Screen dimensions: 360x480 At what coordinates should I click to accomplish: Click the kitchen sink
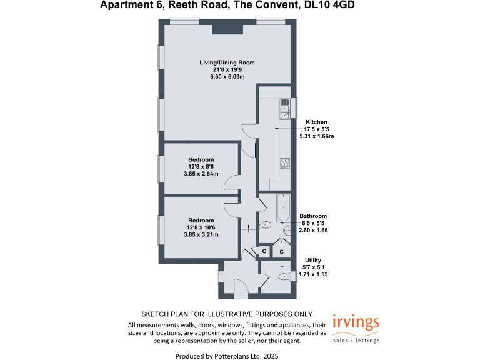[284, 108]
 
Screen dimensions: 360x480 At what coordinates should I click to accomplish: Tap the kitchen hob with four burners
[284, 163]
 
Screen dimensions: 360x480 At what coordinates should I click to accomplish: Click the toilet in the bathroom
[265, 224]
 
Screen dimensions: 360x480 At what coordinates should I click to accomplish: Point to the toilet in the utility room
[283, 276]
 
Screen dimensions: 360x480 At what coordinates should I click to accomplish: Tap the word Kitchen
[316, 122]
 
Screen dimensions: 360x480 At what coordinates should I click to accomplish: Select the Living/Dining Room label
[227, 62]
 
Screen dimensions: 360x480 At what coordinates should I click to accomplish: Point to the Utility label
[313, 260]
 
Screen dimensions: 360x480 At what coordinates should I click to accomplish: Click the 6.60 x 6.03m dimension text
[227, 76]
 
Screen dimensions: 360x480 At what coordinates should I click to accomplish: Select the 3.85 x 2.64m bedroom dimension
[201, 173]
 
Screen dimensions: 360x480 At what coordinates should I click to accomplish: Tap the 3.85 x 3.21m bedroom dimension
[201, 234]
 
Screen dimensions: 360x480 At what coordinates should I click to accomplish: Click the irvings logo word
[355, 322]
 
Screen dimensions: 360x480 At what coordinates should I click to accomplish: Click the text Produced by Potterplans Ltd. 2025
[227, 354]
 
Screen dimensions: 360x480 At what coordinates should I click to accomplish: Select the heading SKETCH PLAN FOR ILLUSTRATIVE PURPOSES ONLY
[227, 314]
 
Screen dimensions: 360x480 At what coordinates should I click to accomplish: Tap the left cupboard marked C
[264, 252]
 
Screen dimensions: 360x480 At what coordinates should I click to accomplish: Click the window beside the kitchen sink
[294, 107]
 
